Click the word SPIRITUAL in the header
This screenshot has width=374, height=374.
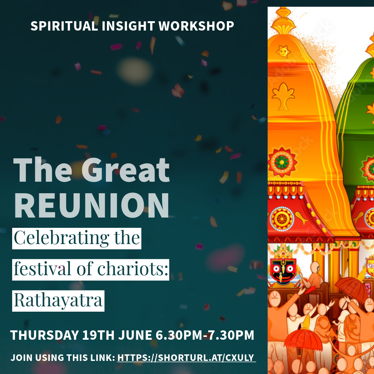pyautogui.click(x=64, y=26)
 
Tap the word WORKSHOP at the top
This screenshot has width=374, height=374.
pyautogui.click(x=196, y=26)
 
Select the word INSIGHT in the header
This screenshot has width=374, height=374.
pyautogui.click(x=128, y=26)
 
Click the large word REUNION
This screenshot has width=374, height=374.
pyautogui.click(x=92, y=205)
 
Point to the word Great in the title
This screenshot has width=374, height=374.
pyautogui.click(x=125, y=170)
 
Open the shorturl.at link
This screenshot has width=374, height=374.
pyautogui.click(x=186, y=357)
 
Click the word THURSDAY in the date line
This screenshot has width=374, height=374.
pyautogui.click(x=45, y=335)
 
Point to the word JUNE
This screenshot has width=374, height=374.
pyautogui.click(x=135, y=335)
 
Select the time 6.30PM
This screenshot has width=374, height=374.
pyautogui.click(x=179, y=335)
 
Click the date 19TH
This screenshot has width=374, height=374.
pyautogui.click(x=98, y=335)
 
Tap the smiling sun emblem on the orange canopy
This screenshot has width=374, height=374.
pyautogui.click(x=283, y=52)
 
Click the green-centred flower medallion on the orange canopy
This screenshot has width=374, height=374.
pyautogui.click(x=282, y=162)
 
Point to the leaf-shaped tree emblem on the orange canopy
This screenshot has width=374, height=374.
pyautogui.click(x=283, y=96)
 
